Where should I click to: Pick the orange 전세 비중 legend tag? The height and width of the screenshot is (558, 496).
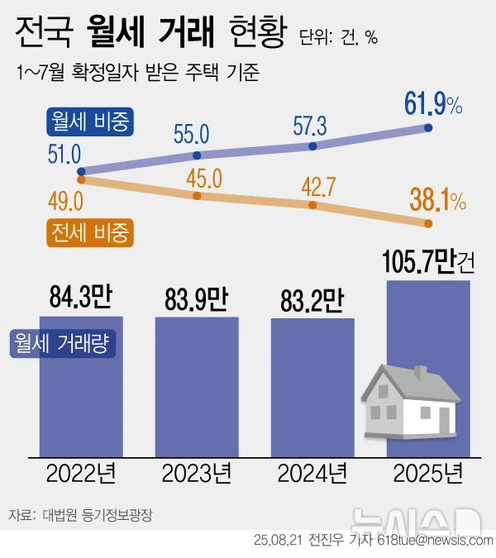(x=89, y=232)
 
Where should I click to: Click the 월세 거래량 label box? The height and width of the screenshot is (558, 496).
(x=63, y=343)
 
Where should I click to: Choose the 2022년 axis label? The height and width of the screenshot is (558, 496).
(x=80, y=475)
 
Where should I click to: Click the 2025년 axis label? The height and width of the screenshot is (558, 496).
(x=427, y=475)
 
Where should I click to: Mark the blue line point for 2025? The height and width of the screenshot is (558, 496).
(x=428, y=127)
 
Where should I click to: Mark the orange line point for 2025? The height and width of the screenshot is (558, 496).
(x=428, y=223)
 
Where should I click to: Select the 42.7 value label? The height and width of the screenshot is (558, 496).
(x=313, y=186)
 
